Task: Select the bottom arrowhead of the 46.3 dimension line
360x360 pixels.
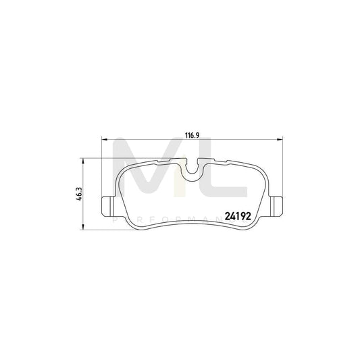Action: click(x=82, y=225)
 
